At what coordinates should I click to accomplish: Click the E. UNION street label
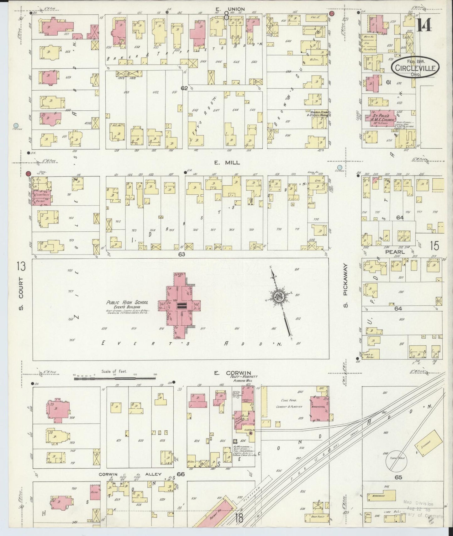(226, 9)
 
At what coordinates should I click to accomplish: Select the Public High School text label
(127, 303)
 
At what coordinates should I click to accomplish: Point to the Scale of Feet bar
(114, 378)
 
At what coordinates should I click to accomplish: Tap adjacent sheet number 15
(435, 246)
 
